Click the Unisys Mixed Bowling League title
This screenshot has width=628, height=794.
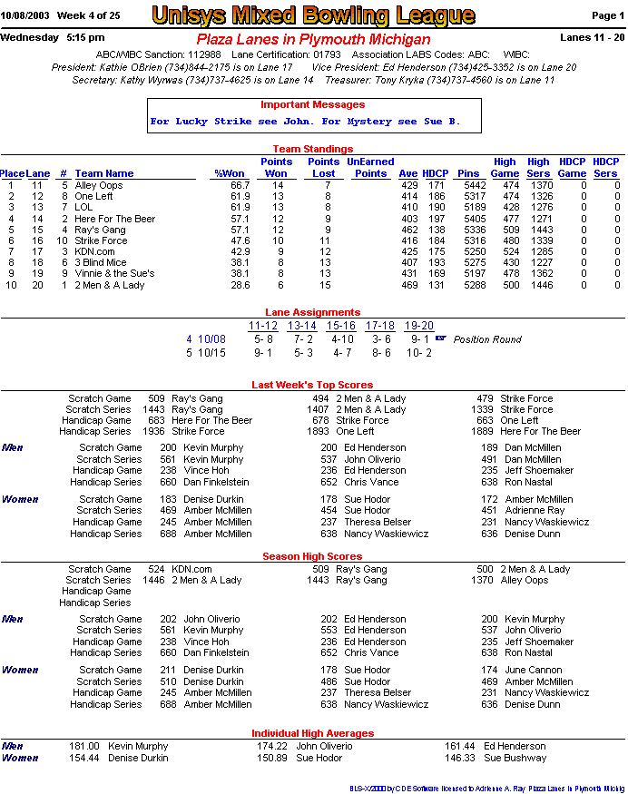pyautogui.click(x=313, y=15)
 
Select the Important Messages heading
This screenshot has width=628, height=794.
pyautogui.click(x=312, y=104)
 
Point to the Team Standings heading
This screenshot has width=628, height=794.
pyautogui.click(x=313, y=149)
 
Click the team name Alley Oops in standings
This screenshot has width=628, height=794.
pyautogui.click(x=99, y=185)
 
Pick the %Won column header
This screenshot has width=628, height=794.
pyautogui.click(x=230, y=173)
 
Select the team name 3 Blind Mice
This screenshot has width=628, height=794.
pyautogui.click(x=101, y=262)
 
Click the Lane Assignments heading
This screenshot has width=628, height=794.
pyautogui.click(x=313, y=312)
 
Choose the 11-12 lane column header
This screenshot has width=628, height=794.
pyautogui.click(x=263, y=326)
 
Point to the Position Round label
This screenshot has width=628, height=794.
pyautogui.click(x=487, y=339)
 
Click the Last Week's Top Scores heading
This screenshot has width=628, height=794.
pyautogui.click(x=312, y=385)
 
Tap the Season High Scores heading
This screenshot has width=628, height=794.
pyautogui.click(x=312, y=556)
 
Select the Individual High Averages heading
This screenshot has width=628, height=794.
pyautogui.click(x=312, y=733)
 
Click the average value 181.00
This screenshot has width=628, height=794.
pyautogui.click(x=84, y=746)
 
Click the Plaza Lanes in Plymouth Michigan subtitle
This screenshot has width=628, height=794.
pyautogui.click(x=313, y=40)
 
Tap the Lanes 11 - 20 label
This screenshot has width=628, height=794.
pyautogui.click(x=593, y=37)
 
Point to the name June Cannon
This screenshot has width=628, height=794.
pyautogui.click(x=535, y=670)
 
